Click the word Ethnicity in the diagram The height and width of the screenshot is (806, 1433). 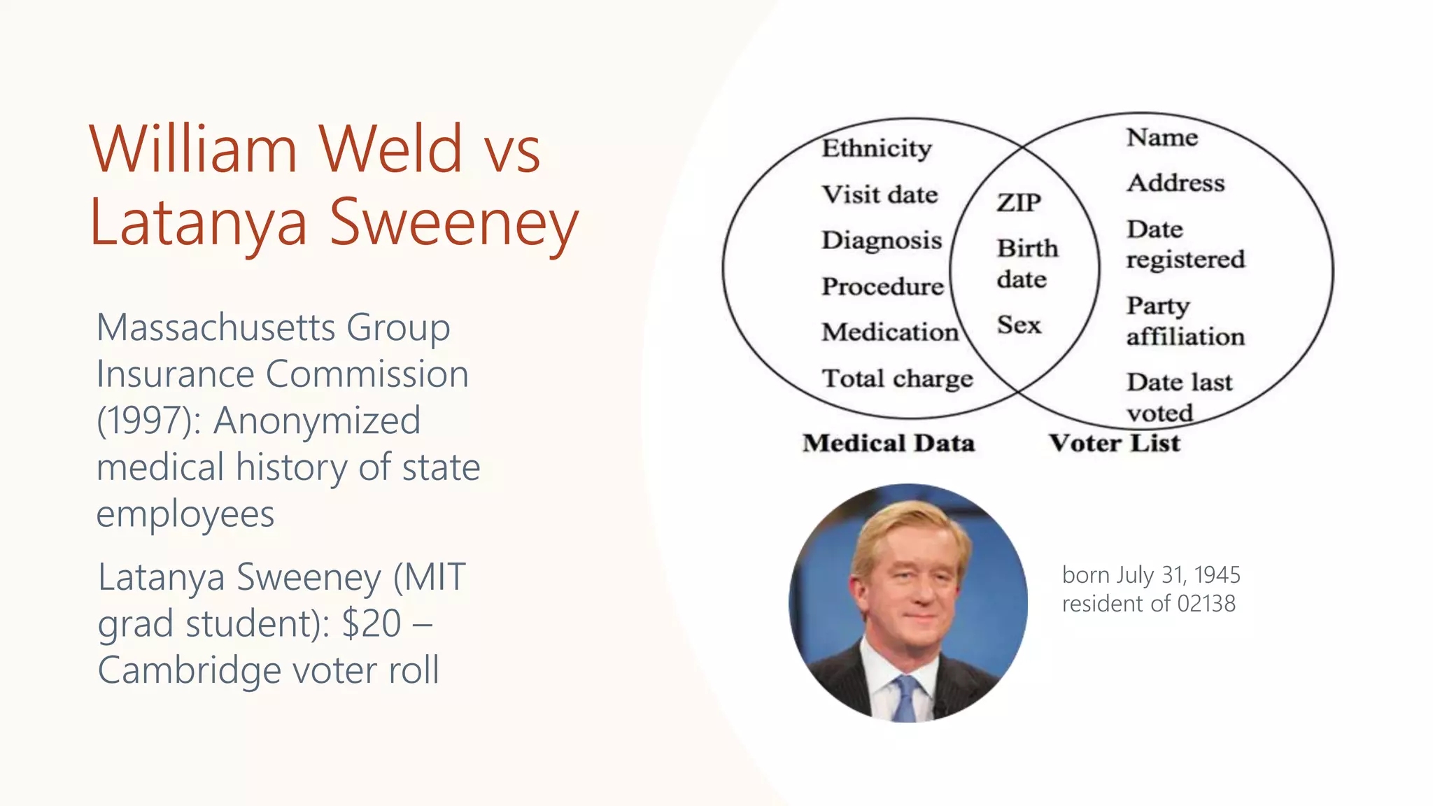(877, 148)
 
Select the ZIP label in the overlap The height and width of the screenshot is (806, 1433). (1019, 203)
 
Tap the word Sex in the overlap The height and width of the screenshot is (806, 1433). (1019, 325)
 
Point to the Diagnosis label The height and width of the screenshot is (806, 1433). (882, 241)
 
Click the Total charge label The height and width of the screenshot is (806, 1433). (897, 379)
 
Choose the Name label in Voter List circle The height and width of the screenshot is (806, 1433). (1162, 137)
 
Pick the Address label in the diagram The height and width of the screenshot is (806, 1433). (1176, 183)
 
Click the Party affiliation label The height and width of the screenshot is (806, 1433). (1185, 321)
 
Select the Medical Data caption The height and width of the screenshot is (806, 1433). (889, 443)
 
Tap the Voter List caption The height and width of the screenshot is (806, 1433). (1114, 443)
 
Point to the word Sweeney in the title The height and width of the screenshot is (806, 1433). (454, 222)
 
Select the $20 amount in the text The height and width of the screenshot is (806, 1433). (371, 623)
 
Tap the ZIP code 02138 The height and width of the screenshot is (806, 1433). (1206, 603)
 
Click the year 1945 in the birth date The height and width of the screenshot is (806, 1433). (1217, 574)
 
